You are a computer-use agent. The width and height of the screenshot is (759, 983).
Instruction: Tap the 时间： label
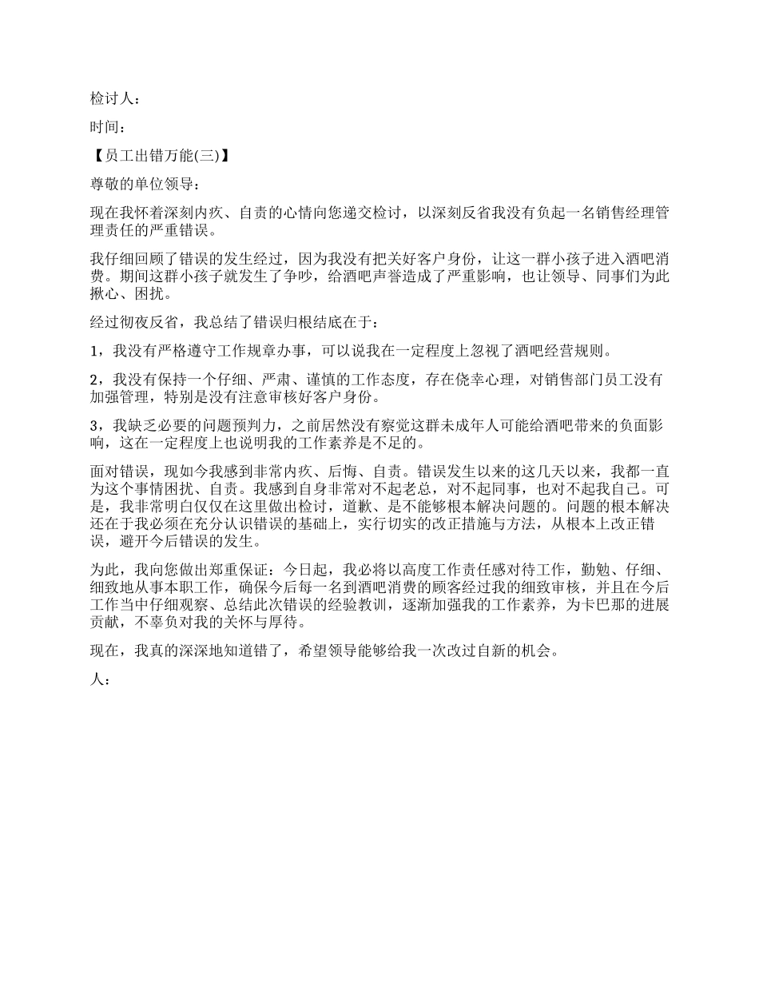(x=106, y=126)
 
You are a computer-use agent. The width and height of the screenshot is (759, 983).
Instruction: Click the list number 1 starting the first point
(x=93, y=350)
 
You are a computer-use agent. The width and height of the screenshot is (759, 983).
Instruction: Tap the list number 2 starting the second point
(x=93, y=379)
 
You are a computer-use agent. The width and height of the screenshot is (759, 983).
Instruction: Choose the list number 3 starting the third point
(x=93, y=426)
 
